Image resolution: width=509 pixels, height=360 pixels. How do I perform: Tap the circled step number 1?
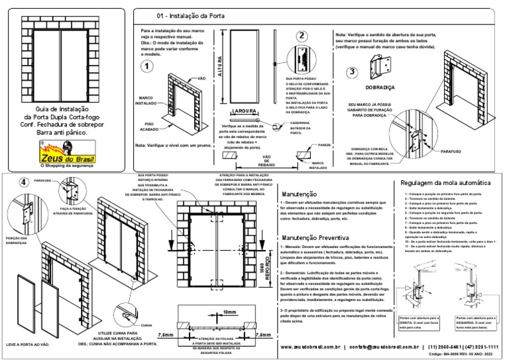point(146,66)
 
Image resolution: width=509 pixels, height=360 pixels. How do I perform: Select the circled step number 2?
point(302,36)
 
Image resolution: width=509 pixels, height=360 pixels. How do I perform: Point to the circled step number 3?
point(354,72)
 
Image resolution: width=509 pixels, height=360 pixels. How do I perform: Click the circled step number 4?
point(23,182)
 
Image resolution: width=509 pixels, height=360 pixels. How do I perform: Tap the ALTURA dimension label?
point(219,67)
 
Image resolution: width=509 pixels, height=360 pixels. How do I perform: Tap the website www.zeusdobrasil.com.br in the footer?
point(310,346)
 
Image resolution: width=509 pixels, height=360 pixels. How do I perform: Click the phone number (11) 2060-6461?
point(447,346)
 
